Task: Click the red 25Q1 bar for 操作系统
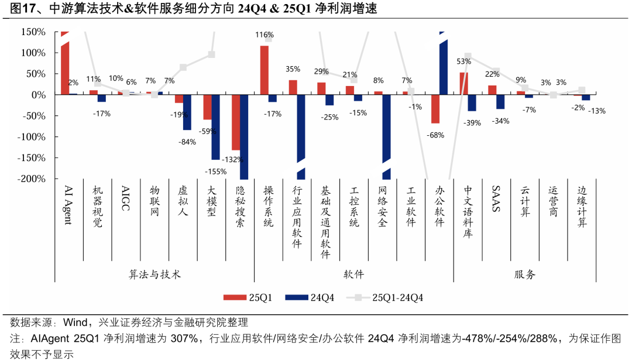265,70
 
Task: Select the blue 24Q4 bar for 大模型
215,126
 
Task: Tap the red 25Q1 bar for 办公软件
435,108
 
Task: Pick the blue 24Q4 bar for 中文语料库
472,102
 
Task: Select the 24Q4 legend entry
310,297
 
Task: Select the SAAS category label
496,200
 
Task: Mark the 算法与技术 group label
155,274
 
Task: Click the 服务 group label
525,274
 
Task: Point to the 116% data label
265,35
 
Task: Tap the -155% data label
215,171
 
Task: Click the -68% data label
436,135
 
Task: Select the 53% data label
464,61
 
